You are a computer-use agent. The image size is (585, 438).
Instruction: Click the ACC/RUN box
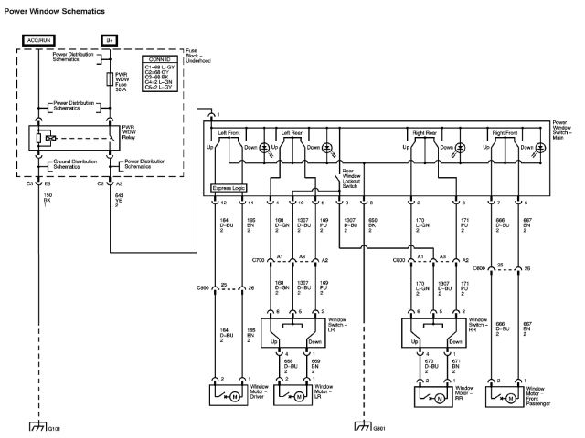[x=39, y=40]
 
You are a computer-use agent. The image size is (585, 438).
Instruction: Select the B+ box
[x=109, y=40]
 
